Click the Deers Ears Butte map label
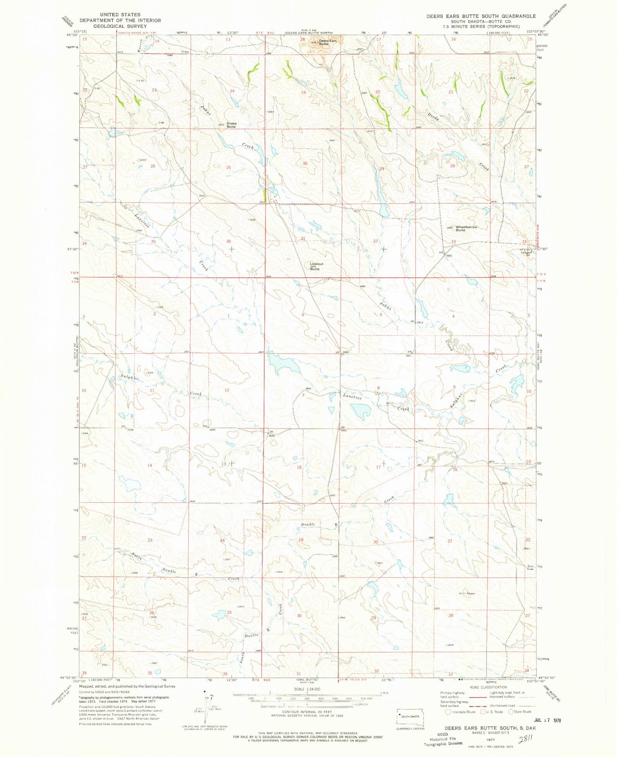(327, 42)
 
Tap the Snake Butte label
(231, 125)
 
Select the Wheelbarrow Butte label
(466, 228)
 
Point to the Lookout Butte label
(317, 266)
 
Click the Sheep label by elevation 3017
(471, 594)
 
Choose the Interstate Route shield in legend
(448, 712)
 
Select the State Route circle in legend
(511, 712)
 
